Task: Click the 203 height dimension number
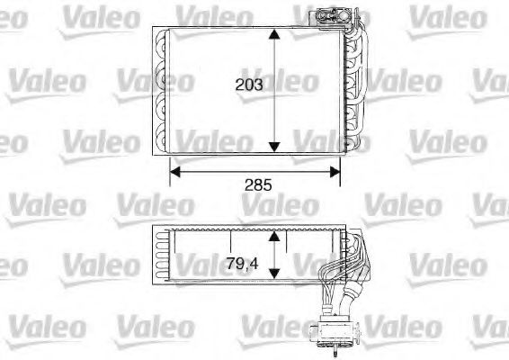249,85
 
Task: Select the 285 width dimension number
258,185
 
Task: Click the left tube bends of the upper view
163,90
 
